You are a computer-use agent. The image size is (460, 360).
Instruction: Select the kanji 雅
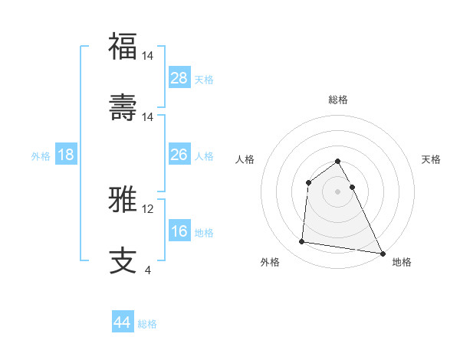point(123,199)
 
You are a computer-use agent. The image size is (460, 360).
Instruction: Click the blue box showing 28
point(179,77)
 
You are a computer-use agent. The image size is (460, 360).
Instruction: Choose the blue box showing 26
point(179,155)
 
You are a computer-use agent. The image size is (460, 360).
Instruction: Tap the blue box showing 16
point(179,231)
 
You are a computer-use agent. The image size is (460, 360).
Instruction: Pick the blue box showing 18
point(66,155)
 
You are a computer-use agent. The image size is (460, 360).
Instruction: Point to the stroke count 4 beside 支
point(148,270)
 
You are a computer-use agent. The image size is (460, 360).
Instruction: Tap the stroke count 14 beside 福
point(148,56)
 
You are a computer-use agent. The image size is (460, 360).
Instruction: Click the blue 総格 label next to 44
point(147,324)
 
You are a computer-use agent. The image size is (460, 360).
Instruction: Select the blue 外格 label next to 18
point(41,156)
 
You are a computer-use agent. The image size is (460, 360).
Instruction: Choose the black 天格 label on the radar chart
point(432,159)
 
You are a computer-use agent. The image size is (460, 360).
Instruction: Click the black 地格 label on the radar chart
point(402,262)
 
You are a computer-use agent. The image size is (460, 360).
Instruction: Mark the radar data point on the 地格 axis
point(383,252)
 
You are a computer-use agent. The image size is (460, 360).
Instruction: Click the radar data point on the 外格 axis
point(302,242)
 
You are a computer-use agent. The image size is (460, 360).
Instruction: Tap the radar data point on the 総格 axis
point(338,161)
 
